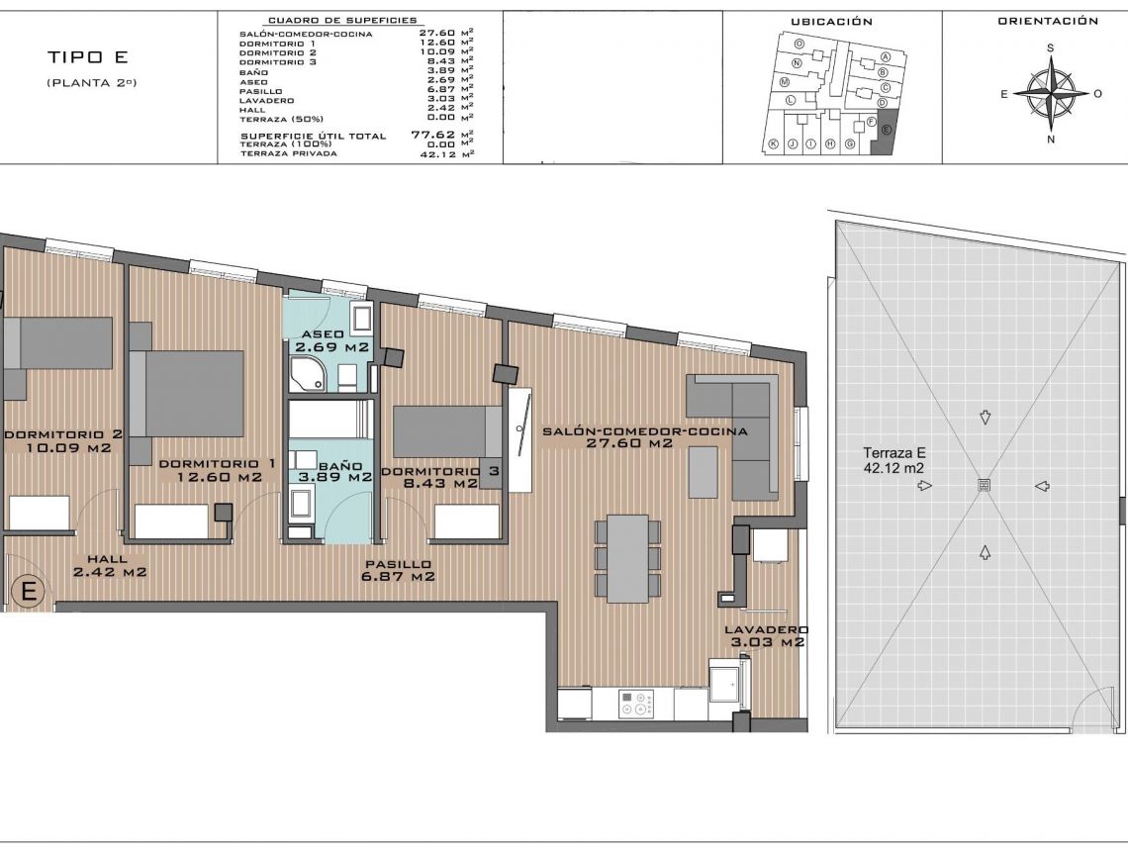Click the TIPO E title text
coord(88,57)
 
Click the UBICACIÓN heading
coord(831,22)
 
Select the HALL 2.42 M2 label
coord(110,565)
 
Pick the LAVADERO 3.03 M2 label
coord(765,635)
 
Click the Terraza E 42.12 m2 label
coord(893,461)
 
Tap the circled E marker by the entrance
coord(29,592)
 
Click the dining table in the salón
coord(627,558)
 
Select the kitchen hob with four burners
coord(637,704)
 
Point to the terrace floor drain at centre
coord(984,485)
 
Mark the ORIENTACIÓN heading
coord(1048,21)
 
